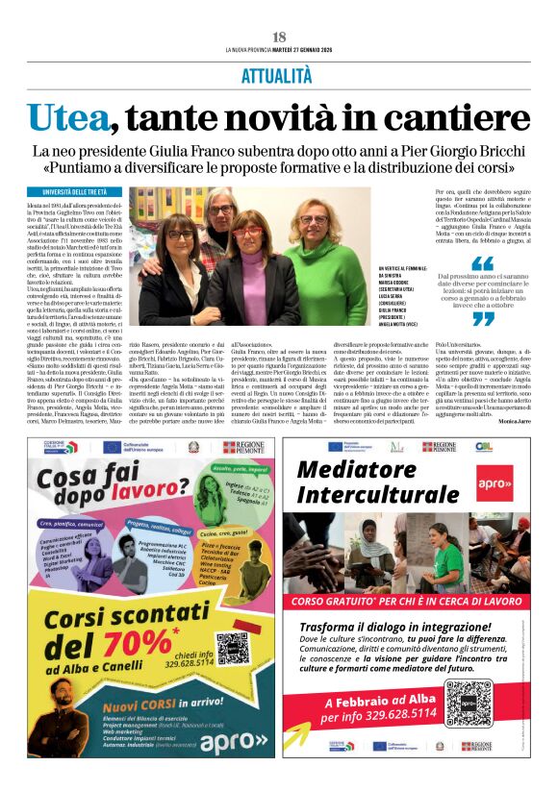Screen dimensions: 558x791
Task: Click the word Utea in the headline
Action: (68, 116)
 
